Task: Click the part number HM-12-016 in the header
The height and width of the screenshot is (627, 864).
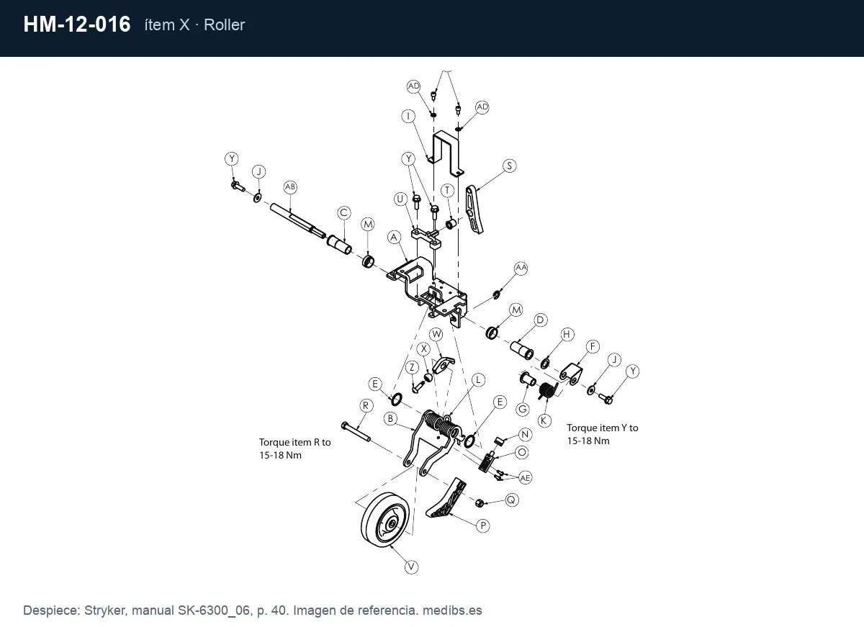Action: point(77,24)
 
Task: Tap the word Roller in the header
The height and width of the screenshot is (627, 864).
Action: point(224,25)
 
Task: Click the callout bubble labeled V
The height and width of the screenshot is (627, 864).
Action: point(411,567)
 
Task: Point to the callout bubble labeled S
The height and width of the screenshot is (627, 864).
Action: point(510,166)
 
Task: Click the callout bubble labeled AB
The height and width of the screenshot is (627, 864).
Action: point(290,187)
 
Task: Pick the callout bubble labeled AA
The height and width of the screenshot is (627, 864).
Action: point(521,268)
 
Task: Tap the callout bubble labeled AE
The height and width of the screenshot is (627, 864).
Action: point(525,478)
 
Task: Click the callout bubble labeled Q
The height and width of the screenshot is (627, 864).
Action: point(511,500)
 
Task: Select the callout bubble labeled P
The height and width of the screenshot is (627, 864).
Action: point(483,525)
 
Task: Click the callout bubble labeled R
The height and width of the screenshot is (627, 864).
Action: point(366,406)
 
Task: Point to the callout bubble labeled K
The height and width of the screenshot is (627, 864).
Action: point(544,420)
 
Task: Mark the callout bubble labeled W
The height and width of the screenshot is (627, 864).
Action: point(436,334)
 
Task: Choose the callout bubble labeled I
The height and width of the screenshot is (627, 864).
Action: point(408,116)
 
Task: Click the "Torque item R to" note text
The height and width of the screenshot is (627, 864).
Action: point(294,442)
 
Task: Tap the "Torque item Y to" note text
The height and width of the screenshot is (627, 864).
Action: point(602,428)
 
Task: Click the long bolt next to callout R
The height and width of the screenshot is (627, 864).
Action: point(356,432)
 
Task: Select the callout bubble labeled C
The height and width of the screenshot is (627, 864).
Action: point(343,213)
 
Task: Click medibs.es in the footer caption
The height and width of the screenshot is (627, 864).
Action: point(452,610)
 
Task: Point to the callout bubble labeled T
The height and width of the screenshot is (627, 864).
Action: point(447,190)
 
